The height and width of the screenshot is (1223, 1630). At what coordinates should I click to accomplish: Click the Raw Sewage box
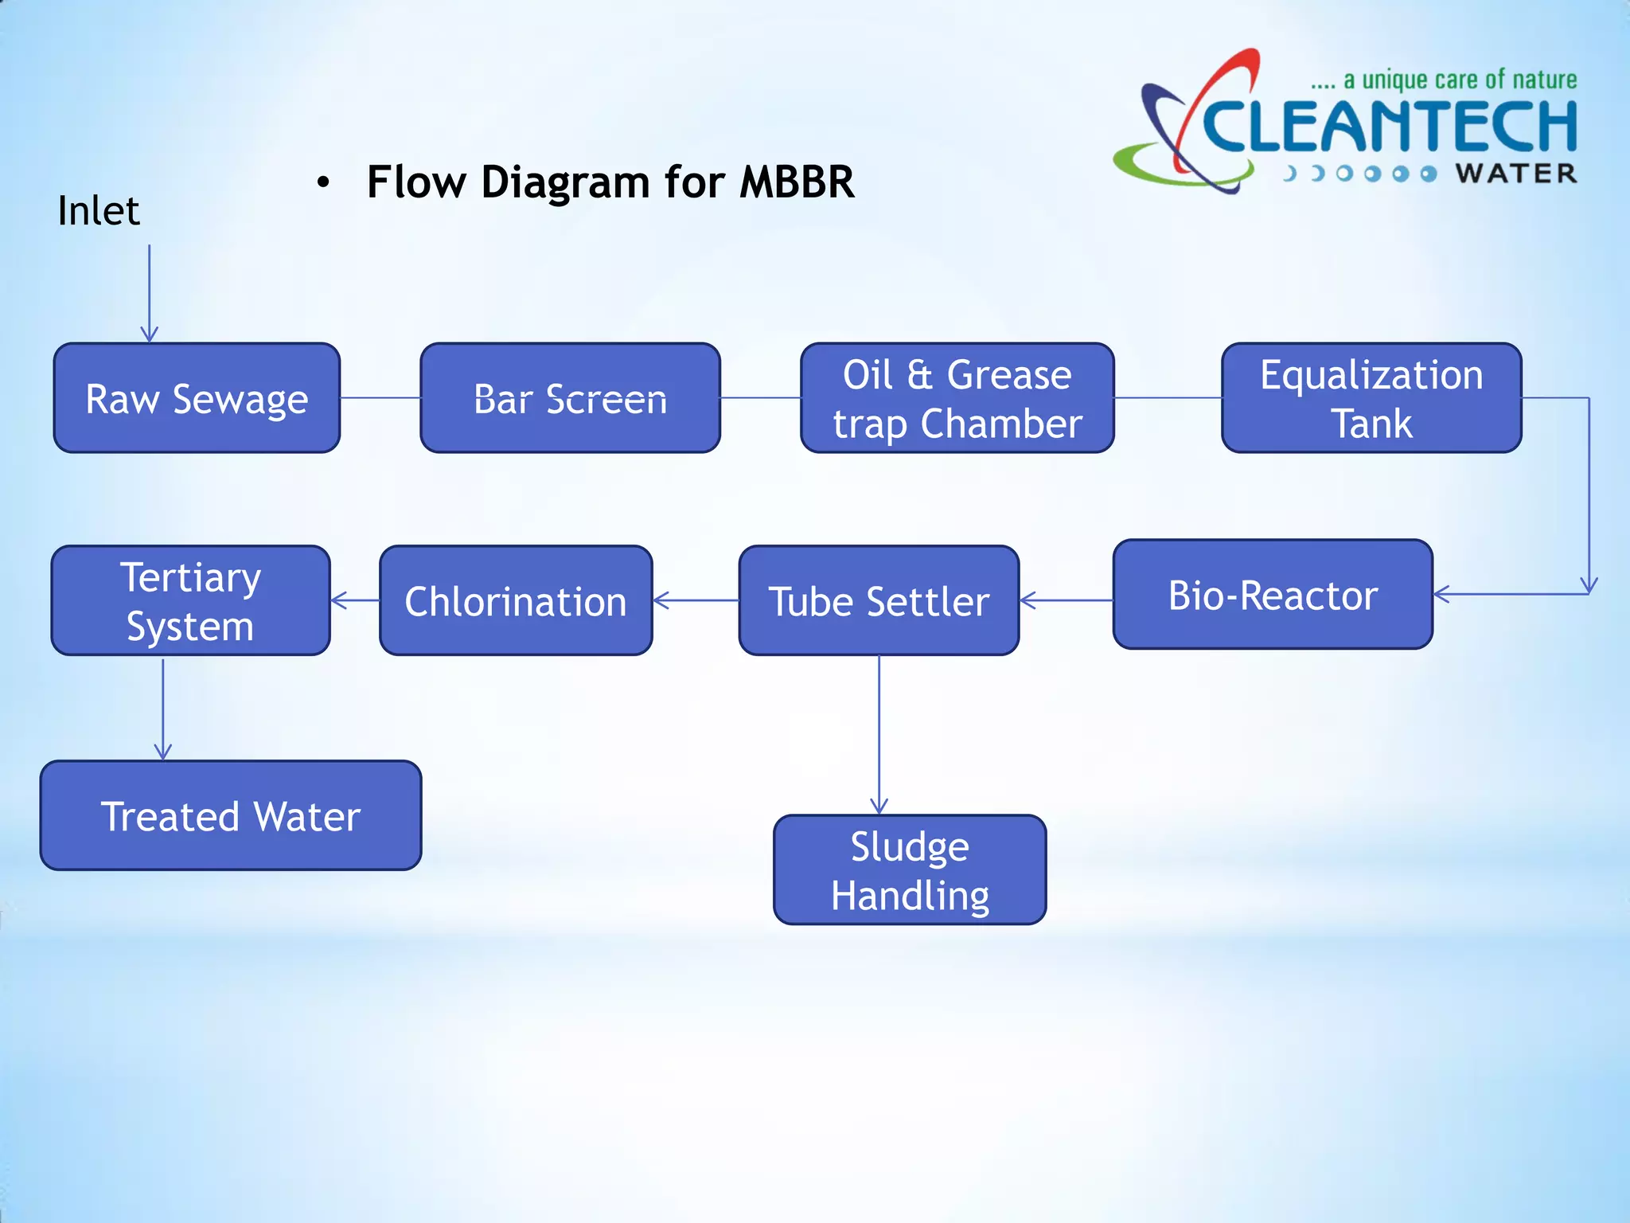pos(197,398)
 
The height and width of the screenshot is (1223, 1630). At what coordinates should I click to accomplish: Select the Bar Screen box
pos(570,398)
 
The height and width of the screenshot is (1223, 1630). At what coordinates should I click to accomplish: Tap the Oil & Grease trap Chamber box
pos(957,398)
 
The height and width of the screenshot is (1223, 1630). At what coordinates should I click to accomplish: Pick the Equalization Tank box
pos(1371,398)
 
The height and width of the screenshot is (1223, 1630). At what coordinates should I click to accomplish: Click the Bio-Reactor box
pos(1272,595)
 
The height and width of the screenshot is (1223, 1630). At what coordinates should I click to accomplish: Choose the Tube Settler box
pos(879,600)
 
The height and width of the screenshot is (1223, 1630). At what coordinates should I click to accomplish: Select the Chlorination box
pos(516,600)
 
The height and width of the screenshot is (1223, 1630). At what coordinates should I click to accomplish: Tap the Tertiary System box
pos(190,600)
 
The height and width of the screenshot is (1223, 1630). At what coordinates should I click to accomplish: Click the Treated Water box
pos(231,815)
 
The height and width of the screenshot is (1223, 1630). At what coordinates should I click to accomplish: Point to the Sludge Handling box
pos(910,869)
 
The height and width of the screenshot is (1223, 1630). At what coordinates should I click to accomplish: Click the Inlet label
pos(99,211)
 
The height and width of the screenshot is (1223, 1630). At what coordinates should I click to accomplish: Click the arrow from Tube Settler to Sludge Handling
pos(879,733)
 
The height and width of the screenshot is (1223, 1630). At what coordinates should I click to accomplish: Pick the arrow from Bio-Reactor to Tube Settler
pos(1066,600)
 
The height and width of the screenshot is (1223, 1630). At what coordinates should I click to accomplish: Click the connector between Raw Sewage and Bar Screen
pos(380,398)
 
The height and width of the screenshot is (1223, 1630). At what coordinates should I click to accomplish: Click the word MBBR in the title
pos(796,182)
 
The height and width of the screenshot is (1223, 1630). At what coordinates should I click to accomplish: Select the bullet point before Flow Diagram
pos(322,183)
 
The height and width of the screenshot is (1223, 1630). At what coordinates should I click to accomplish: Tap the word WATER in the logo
pos(1515,174)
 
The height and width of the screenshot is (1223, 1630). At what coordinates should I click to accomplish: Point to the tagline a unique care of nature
pos(1444,80)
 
